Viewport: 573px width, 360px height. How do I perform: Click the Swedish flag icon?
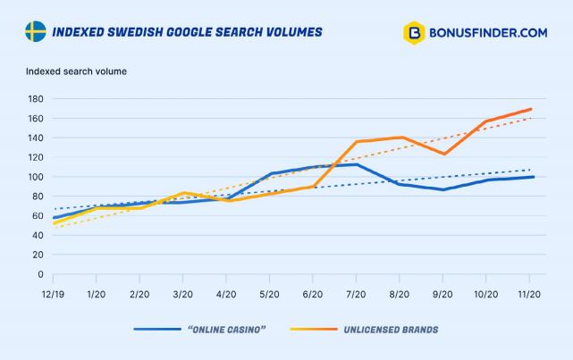36,32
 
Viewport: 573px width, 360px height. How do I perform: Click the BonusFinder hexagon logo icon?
414,33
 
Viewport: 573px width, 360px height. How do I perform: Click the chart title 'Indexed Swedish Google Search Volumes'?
187,32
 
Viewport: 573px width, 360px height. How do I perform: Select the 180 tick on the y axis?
35,98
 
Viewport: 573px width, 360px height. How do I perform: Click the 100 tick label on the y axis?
35,177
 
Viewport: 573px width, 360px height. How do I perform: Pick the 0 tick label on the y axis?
40,274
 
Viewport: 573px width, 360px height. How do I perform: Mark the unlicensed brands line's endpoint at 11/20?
531,109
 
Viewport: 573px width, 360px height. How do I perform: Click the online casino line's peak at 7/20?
357,164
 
